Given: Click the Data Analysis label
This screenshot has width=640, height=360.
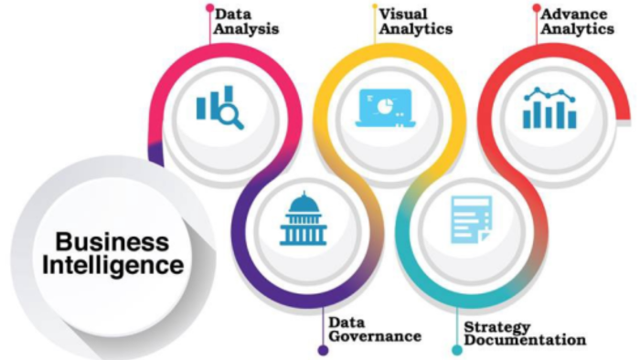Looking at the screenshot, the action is (247, 22).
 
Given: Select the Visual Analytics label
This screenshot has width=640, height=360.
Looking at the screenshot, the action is (415, 22).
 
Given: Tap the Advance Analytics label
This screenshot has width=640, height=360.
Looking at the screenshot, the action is (577, 22).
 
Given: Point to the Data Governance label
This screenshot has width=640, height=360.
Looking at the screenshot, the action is (375, 330).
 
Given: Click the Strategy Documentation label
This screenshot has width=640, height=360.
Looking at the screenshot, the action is (525, 334).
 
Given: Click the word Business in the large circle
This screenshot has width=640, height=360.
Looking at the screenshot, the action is (112, 242).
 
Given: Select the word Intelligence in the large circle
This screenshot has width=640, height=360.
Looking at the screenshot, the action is (113, 265).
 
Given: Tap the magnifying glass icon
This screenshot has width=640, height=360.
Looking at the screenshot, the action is (231, 115).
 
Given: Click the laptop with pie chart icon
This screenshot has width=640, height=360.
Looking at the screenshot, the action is (385, 108).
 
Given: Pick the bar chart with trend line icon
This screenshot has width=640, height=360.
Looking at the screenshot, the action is (549, 108).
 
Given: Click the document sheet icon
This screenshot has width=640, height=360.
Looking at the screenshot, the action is (472, 220).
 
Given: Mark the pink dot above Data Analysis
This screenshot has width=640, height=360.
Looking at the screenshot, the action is (209, 7).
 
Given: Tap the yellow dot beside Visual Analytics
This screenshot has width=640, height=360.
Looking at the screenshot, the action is (375, 6).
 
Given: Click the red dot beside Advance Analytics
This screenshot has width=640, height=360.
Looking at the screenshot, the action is (537, 7).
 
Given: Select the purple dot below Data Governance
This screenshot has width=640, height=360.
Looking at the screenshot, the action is (323, 350).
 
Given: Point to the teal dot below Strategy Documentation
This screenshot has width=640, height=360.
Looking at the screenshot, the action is (457, 350).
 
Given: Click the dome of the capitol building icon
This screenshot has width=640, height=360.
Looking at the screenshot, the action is (304, 201).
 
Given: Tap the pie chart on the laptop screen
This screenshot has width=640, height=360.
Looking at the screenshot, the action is (384, 106).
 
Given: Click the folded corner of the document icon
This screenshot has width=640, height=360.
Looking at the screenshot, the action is (485, 238).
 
